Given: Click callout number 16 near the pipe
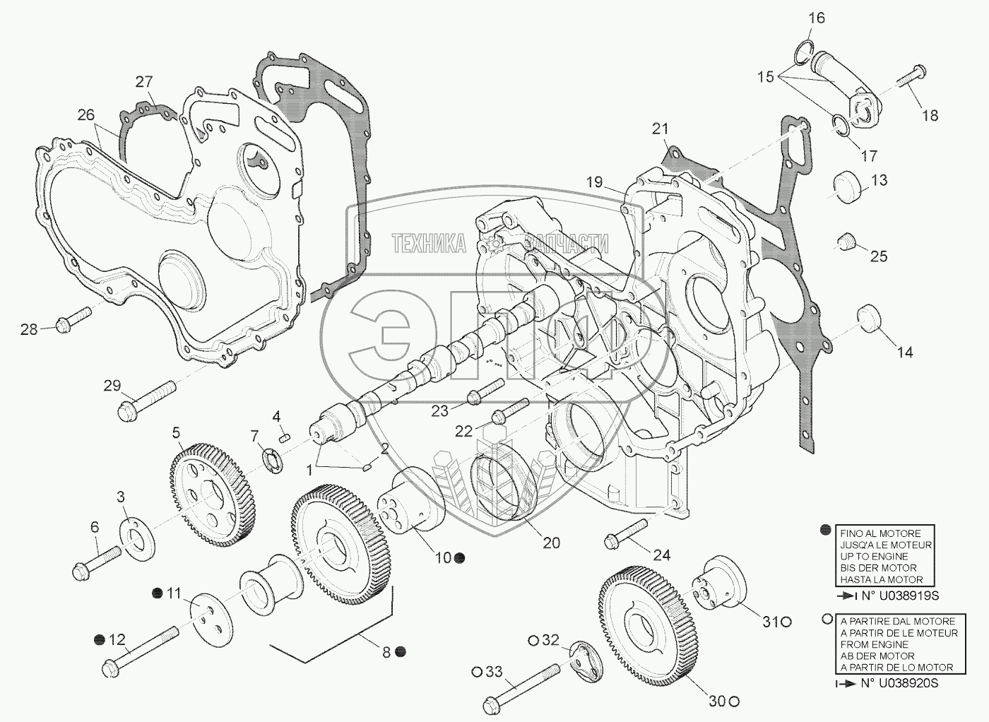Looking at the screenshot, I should (x=816, y=18).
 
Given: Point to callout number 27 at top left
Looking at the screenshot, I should (x=144, y=82).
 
